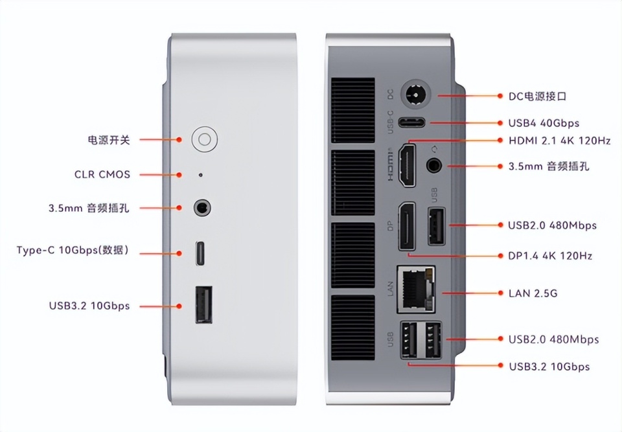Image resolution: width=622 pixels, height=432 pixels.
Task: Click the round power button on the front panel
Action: coord(204,139)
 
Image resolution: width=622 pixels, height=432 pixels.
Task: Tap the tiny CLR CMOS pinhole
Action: coord(200,174)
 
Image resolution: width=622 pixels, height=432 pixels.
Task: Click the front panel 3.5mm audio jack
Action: coord(202,208)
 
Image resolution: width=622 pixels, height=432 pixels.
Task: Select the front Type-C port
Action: coord(201,253)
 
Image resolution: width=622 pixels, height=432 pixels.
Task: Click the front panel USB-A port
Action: coord(203,304)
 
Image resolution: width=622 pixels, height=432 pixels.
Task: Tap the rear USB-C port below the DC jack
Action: coord(411,122)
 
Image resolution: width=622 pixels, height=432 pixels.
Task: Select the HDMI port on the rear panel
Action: coord(407,165)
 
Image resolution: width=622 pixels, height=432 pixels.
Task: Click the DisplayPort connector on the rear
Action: coord(407,227)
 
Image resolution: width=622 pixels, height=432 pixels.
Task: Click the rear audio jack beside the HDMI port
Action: coord(434,165)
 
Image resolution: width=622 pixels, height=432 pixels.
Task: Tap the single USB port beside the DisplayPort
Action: coord(436,226)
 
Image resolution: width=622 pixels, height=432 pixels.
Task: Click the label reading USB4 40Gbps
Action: coord(544,123)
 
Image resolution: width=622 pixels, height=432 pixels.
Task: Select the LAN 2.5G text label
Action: coord(533,293)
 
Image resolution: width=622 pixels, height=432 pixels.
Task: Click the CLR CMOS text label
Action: coord(102,174)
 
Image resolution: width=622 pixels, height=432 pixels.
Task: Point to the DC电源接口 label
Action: coord(537,97)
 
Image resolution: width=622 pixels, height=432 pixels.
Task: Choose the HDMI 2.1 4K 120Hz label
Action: coord(559,141)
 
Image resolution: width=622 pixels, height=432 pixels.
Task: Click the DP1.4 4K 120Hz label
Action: coord(550,255)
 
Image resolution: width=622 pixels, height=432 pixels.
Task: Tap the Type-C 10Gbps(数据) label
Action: coord(73,250)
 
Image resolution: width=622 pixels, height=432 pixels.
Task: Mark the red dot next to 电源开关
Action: coord(179,140)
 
